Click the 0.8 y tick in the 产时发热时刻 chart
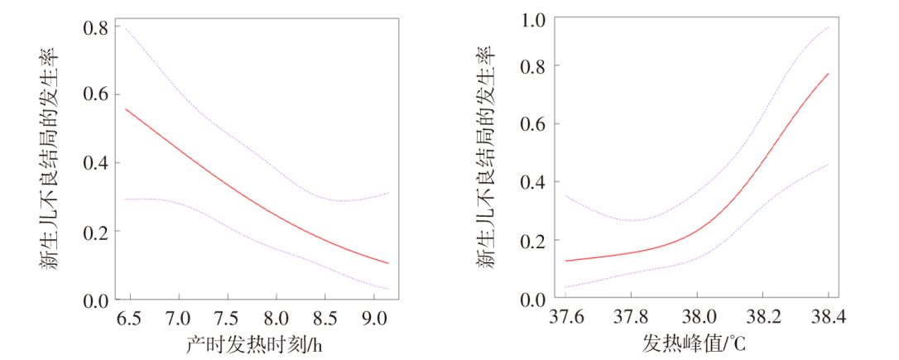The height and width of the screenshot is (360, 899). [95, 28]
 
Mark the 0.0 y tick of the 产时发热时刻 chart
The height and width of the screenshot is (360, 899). [95, 300]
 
